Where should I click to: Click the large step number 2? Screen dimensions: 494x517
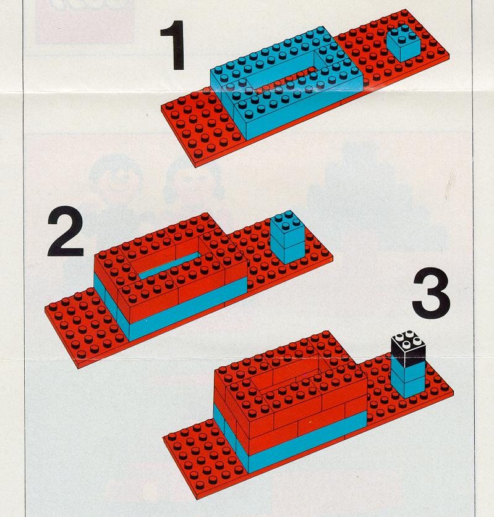point(66,231)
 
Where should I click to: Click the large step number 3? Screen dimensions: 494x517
point(432,293)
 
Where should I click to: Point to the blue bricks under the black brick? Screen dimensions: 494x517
point(408,379)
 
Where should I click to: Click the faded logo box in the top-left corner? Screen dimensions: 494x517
point(85,22)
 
